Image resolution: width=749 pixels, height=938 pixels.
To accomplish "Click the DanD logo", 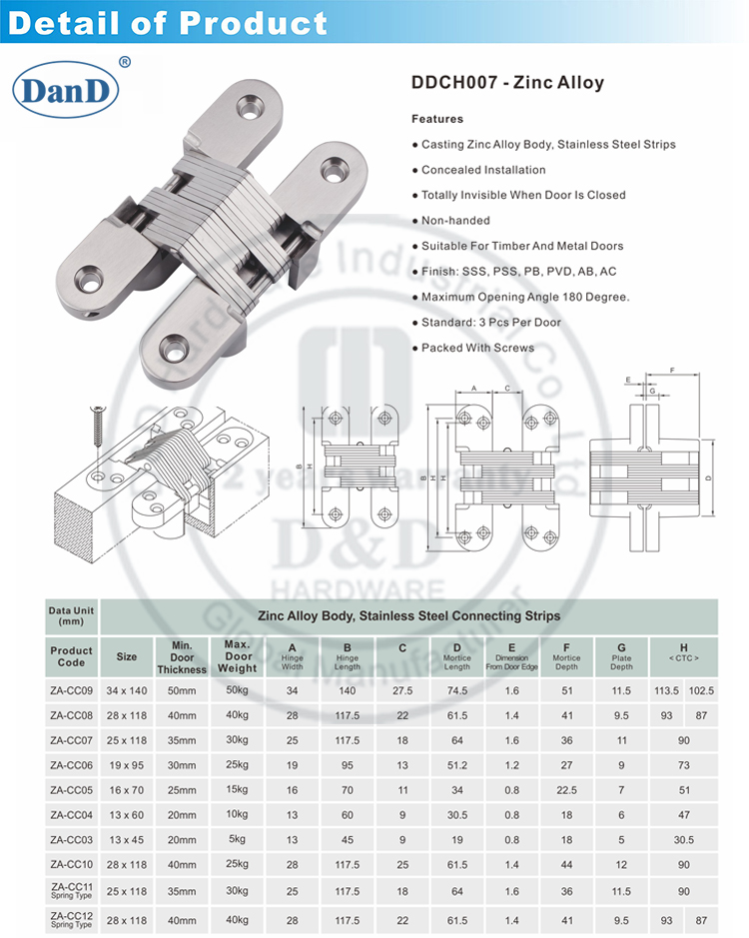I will tap(66, 90).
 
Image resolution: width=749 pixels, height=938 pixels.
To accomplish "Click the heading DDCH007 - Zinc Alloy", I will tap(508, 83).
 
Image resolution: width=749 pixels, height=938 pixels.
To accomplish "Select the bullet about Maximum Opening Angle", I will tap(525, 297).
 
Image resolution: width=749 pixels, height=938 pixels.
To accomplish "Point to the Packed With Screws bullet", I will tap(477, 348).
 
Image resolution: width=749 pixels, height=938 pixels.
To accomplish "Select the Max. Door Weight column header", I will tap(238, 655).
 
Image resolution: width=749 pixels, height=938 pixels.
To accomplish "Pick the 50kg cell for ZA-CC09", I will tap(238, 690).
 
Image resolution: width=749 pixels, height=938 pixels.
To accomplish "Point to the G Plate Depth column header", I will tap(620, 655).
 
